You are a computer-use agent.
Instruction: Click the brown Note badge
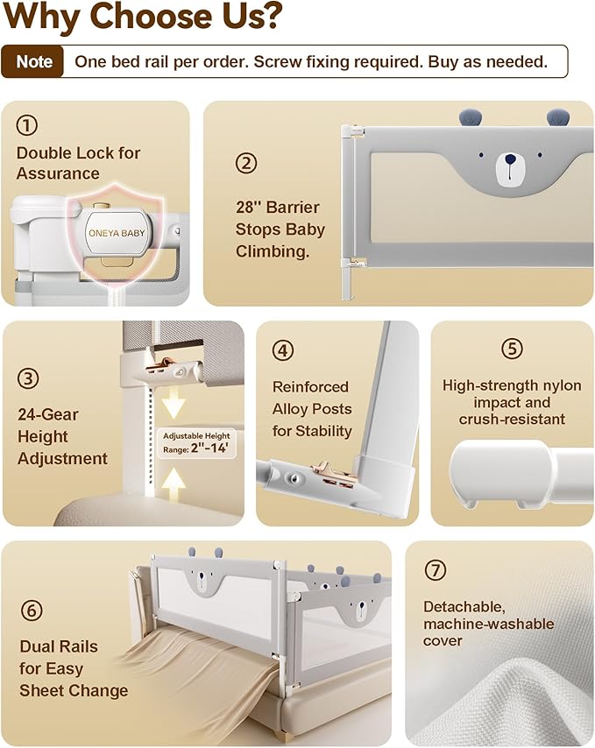tap(32, 61)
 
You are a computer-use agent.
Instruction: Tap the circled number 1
tap(26, 125)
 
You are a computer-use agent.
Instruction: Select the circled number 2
tap(246, 163)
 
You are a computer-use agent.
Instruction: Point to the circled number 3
tap(28, 378)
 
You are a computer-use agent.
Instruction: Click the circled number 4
tap(283, 350)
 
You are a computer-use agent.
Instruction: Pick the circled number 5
tap(512, 349)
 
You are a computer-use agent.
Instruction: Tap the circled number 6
tap(32, 610)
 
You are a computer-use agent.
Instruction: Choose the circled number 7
tap(436, 569)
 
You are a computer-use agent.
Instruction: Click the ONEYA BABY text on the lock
tap(117, 233)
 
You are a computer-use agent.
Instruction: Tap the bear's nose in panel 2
tap(510, 159)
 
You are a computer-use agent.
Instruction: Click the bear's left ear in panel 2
tap(470, 116)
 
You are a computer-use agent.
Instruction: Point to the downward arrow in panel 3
tap(174, 404)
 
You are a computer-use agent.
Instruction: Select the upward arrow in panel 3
tap(174, 484)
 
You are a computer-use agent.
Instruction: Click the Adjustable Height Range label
tap(196, 442)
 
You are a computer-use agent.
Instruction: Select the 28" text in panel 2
tap(248, 207)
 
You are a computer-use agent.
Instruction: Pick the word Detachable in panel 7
tap(464, 607)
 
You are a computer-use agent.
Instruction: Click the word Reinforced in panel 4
tap(310, 387)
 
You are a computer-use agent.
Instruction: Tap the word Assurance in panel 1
tap(58, 173)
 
